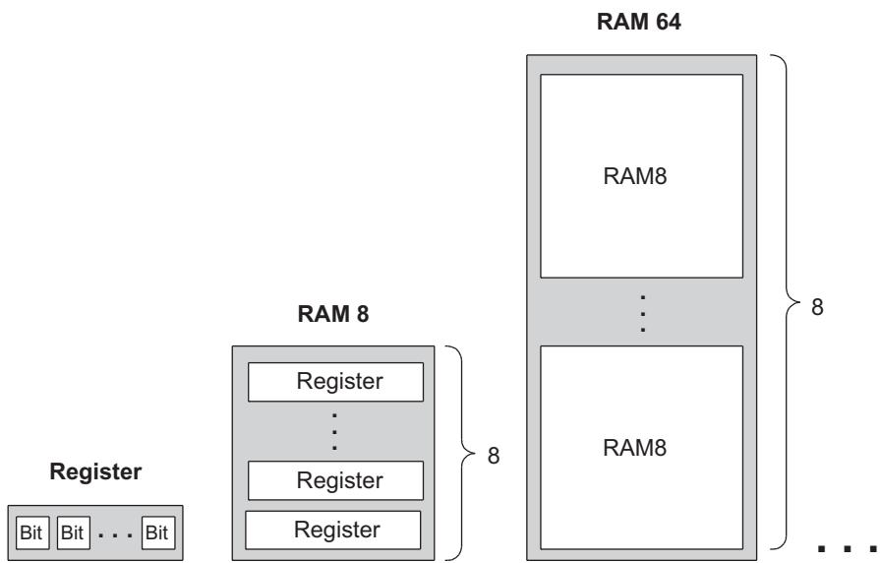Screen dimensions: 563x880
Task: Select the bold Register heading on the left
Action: click(x=95, y=473)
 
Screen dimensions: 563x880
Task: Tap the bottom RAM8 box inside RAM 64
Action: click(x=643, y=446)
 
